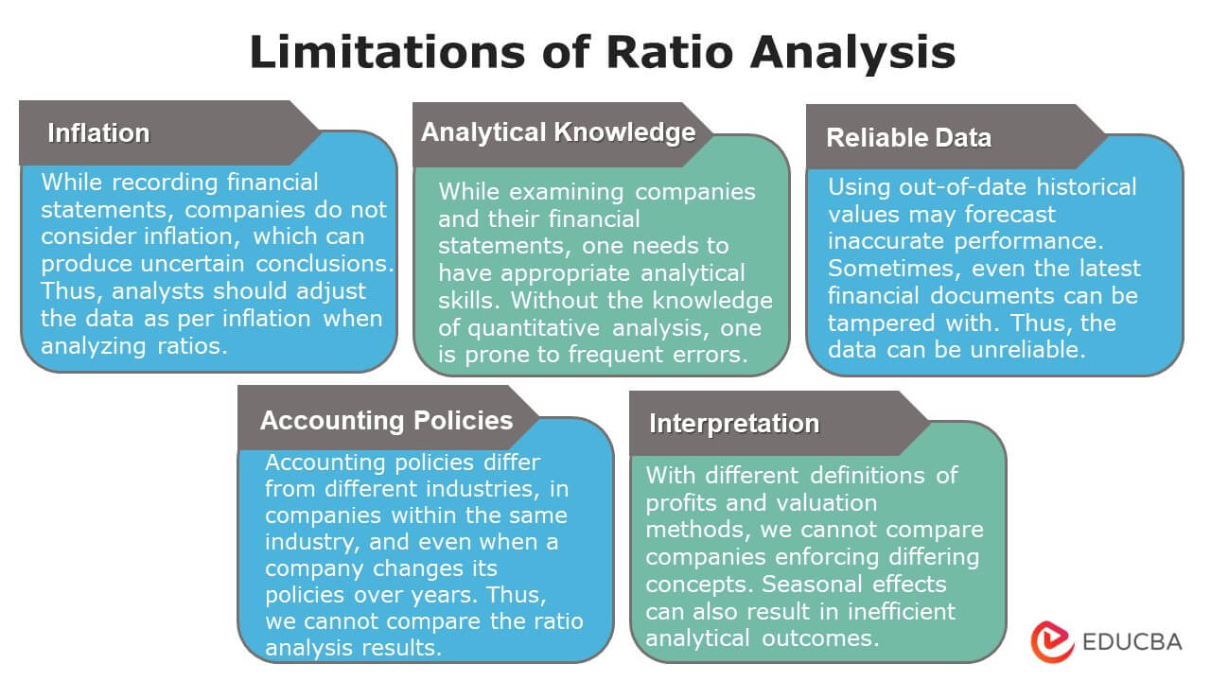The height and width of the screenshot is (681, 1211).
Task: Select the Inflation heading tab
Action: [x=98, y=133]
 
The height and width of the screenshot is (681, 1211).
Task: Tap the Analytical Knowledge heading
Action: [x=558, y=132]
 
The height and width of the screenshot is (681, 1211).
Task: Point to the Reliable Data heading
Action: [x=908, y=138]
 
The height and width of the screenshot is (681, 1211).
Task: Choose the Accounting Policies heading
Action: [x=386, y=420]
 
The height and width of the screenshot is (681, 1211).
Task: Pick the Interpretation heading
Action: [x=733, y=424]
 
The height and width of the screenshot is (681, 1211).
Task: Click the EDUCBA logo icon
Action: [x=1051, y=640]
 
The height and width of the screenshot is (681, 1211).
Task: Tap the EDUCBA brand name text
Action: [x=1132, y=641]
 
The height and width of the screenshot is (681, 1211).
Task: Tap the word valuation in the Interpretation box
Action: [x=818, y=501]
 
